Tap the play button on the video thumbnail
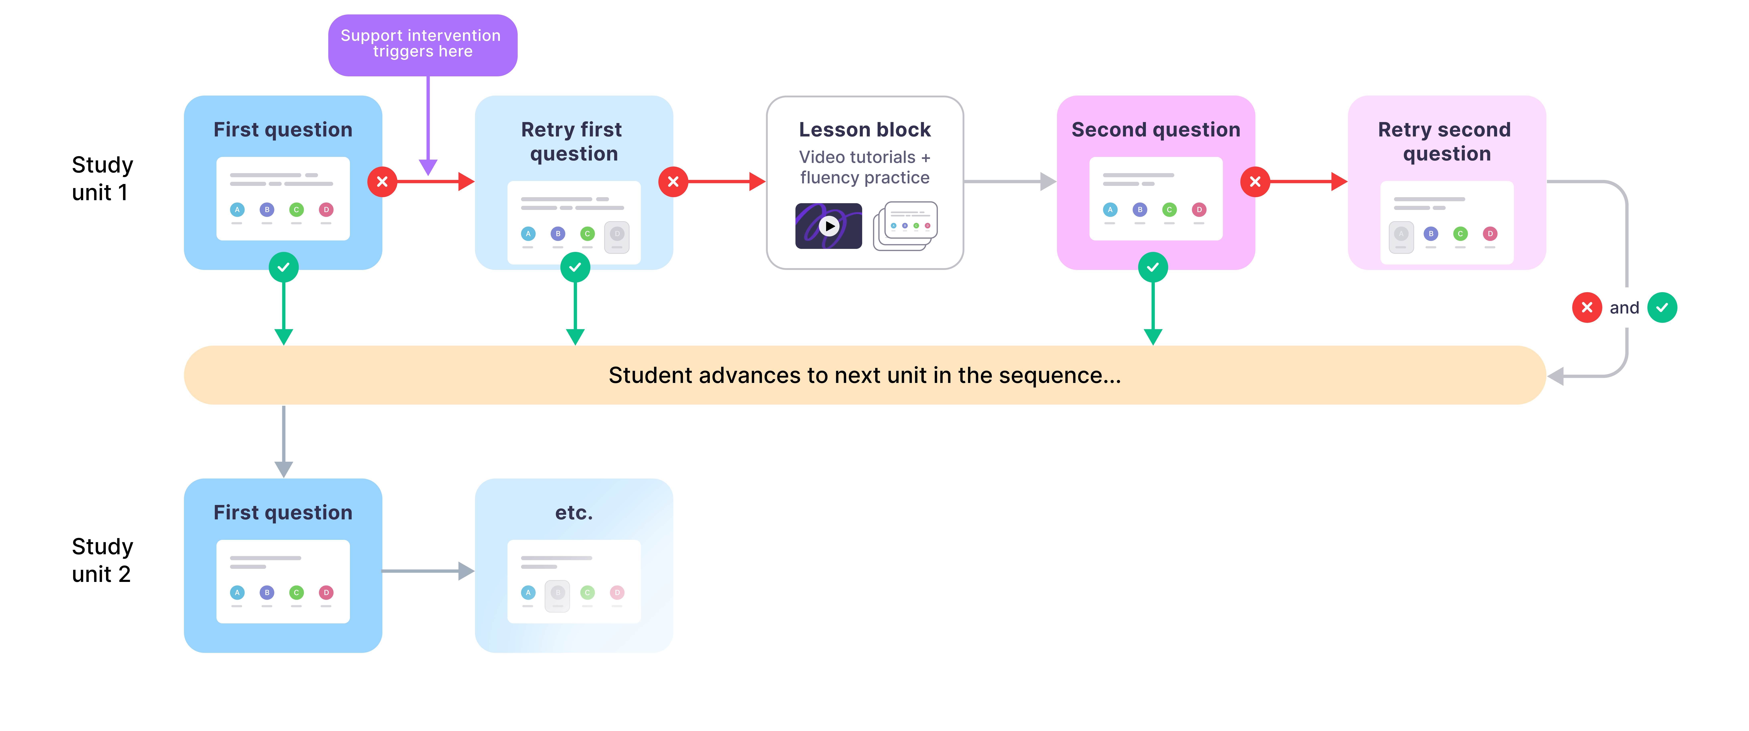[828, 226]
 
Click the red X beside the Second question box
[1255, 182]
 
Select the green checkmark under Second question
[1153, 268]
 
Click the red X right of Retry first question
[673, 182]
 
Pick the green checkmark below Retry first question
[575, 268]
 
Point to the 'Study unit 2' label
[102, 560]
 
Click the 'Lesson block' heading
[864, 130]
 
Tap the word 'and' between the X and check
[1624, 308]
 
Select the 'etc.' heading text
[574, 512]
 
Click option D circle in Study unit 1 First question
[326, 210]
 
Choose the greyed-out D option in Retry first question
[616, 234]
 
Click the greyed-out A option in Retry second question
[1401, 234]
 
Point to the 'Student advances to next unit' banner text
[864, 375]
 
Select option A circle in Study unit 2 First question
[237, 593]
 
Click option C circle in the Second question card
[1169, 210]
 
